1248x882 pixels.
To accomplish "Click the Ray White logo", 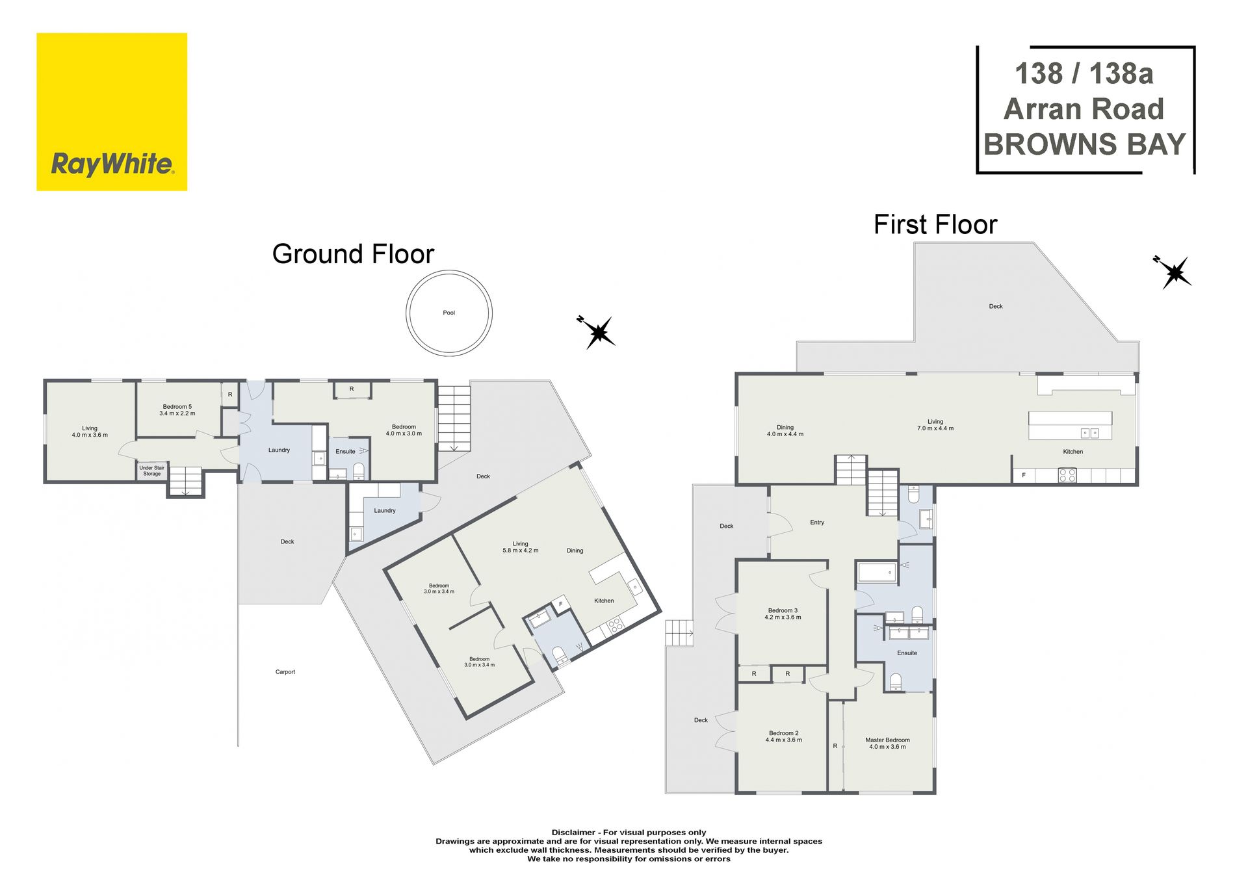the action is pyautogui.click(x=112, y=112).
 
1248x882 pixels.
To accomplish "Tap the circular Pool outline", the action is pyautogui.click(x=407, y=313).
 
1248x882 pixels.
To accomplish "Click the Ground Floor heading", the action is pyautogui.click(x=353, y=254).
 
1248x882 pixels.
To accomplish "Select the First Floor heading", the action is pyautogui.click(x=935, y=225).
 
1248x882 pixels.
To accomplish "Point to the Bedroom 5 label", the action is pyautogui.click(x=177, y=407).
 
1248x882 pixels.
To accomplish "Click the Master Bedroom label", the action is pyautogui.click(x=887, y=740).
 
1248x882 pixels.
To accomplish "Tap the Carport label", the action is pyautogui.click(x=285, y=672).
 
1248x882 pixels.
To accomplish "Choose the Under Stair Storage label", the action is pyautogui.click(x=151, y=471).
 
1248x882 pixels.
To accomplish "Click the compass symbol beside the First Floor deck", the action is pyautogui.click(x=1174, y=272).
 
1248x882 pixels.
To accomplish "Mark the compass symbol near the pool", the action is pyautogui.click(x=597, y=332).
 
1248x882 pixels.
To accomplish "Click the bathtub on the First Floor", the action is pyautogui.click(x=877, y=573).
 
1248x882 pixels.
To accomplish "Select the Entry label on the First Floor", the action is pyautogui.click(x=817, y=523).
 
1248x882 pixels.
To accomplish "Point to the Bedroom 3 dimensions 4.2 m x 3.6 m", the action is pyautogui.click(x=783, y=617).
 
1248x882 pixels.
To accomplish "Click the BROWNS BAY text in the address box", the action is pyautogui.click(x=1085, y=144).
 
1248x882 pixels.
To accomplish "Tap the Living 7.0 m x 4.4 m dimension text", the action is pyautogui.click(x=935, y=428).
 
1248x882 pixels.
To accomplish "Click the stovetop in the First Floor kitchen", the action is pyautogui.click(x=1067, y=475).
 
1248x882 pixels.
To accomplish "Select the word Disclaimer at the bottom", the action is pyautogui.click(x=573, y=832).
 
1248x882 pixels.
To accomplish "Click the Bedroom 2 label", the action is pyautogui.click(x=783, y=733).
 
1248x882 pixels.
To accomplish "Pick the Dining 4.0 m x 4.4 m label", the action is pyautogui.click(x=785, y=431).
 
